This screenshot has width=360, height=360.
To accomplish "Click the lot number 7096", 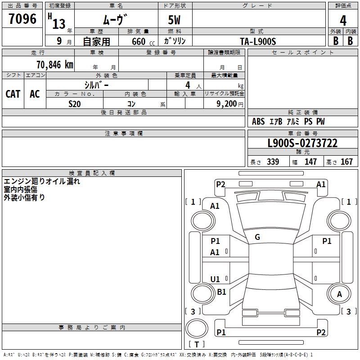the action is coord(22,18).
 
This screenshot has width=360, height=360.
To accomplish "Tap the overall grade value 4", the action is coord(343,20).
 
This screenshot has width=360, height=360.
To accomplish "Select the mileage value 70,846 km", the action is coord(55,65).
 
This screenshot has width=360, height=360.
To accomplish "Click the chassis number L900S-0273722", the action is coord(302,143).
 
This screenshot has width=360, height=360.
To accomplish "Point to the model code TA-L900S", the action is coord(258,41).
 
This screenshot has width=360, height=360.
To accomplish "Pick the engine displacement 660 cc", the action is coord(143,41).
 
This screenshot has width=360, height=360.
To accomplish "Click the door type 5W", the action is coord(174,20).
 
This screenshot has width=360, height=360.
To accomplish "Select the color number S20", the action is coord(75,104).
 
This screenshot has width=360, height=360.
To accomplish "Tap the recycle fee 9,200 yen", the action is coord(230,104).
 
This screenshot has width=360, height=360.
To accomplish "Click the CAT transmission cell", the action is coord(13,94).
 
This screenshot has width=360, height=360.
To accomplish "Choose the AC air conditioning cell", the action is coord(35,94).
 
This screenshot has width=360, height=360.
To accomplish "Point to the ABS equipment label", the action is coord(258,121).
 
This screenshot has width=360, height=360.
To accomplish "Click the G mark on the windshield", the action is coord(257,237).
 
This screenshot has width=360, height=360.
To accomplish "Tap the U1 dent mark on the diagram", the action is coord(215,279).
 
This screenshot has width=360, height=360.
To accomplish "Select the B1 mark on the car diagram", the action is coord(221,292).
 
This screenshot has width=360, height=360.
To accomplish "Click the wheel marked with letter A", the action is coord(339,294).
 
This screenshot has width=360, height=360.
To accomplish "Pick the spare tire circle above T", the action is coord(197,328).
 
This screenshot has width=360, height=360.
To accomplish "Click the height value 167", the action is coord(346,162).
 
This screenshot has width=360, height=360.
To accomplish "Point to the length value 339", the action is coord(273,162).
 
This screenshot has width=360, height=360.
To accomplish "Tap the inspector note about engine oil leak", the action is coord(42,181).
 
